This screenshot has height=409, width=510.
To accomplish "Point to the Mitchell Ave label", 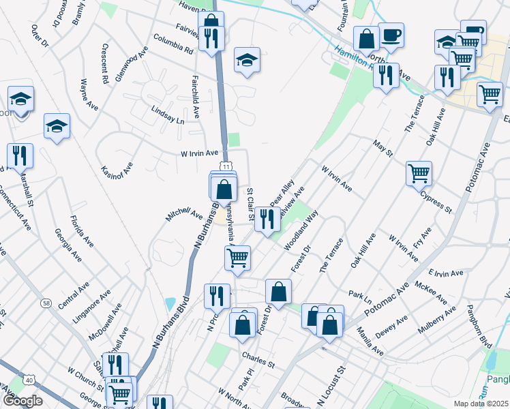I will (184, 215).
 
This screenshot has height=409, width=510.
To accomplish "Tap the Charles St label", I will (258, 359).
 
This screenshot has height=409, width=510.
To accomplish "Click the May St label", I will (383, 148).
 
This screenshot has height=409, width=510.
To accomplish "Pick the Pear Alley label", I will (282, 193).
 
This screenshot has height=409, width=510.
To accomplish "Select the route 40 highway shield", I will (29, 380).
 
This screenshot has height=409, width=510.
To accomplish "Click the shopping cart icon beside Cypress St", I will (419, 172).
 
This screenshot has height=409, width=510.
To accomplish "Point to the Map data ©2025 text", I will (481, 404).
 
